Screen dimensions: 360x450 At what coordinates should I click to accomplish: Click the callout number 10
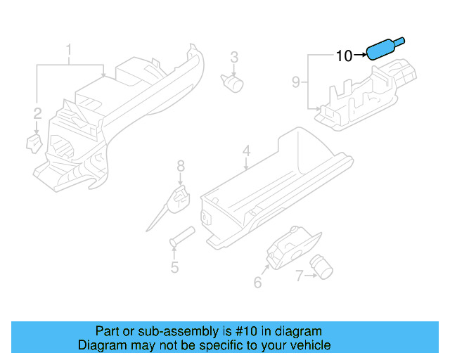click(344, 55)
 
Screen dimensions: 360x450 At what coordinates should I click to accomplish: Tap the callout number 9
click(296, 83)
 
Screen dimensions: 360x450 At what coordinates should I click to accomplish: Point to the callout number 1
click(69, 50)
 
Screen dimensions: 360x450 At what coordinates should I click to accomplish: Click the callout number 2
click(37, 112)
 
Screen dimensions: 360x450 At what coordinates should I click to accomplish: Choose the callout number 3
click(234, 57)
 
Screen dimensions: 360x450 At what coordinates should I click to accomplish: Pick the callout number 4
click(246, 151)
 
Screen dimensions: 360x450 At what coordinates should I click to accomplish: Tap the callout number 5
click(174, 267)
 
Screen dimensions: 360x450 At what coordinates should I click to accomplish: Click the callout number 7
click(300, 276)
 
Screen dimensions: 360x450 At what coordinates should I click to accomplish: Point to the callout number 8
click(181, 166)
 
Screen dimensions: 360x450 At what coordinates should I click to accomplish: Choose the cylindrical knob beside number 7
click(323, 266)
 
